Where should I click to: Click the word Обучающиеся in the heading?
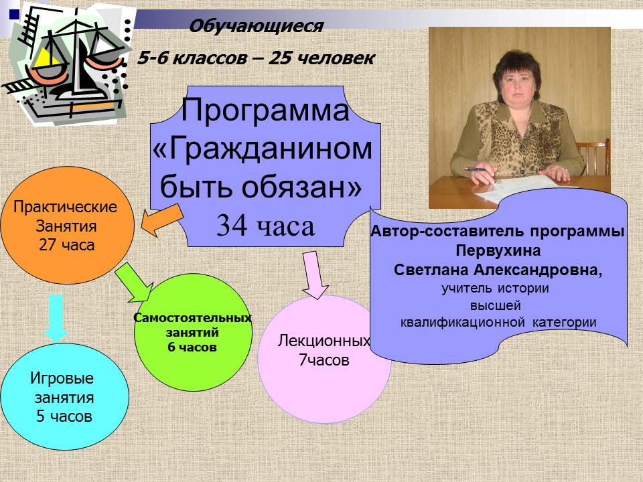[x=256, y=26]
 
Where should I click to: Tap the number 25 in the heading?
[x=280, y=58]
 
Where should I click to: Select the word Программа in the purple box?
[x=265, y=109]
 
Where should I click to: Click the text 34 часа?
[x=265, y=226]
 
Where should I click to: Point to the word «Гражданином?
[x=263, y=148]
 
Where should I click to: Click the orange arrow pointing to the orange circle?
[x=162, y=220]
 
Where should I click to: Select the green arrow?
[x=134, y=283]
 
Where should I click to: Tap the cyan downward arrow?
[x=56, y=317]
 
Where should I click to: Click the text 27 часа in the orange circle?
[x=66, y=245]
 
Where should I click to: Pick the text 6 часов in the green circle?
[x=192, y=347]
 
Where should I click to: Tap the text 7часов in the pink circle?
[x=324, y=360]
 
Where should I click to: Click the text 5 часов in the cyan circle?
[x=64, y=416]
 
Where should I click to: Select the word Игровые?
[x=62, y=378]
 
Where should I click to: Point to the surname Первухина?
[x=498, y=250]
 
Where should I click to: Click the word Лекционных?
[x=324, y=341]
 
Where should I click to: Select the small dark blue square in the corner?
[x=14, y=15]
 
